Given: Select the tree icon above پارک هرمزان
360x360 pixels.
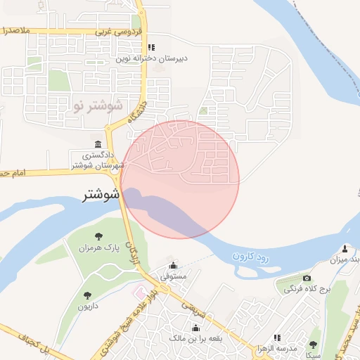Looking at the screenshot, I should pos(99,236).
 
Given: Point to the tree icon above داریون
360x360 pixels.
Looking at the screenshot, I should pos(88,296).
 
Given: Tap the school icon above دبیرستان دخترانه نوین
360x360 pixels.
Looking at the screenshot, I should pos(152,48).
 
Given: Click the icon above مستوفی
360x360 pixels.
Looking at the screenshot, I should pos(174,266).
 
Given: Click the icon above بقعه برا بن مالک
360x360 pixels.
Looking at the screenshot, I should pos(195,327).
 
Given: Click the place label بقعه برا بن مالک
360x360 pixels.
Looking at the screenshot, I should pos(195,338).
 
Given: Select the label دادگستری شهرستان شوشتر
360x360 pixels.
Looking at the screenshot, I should pos(97,160).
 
